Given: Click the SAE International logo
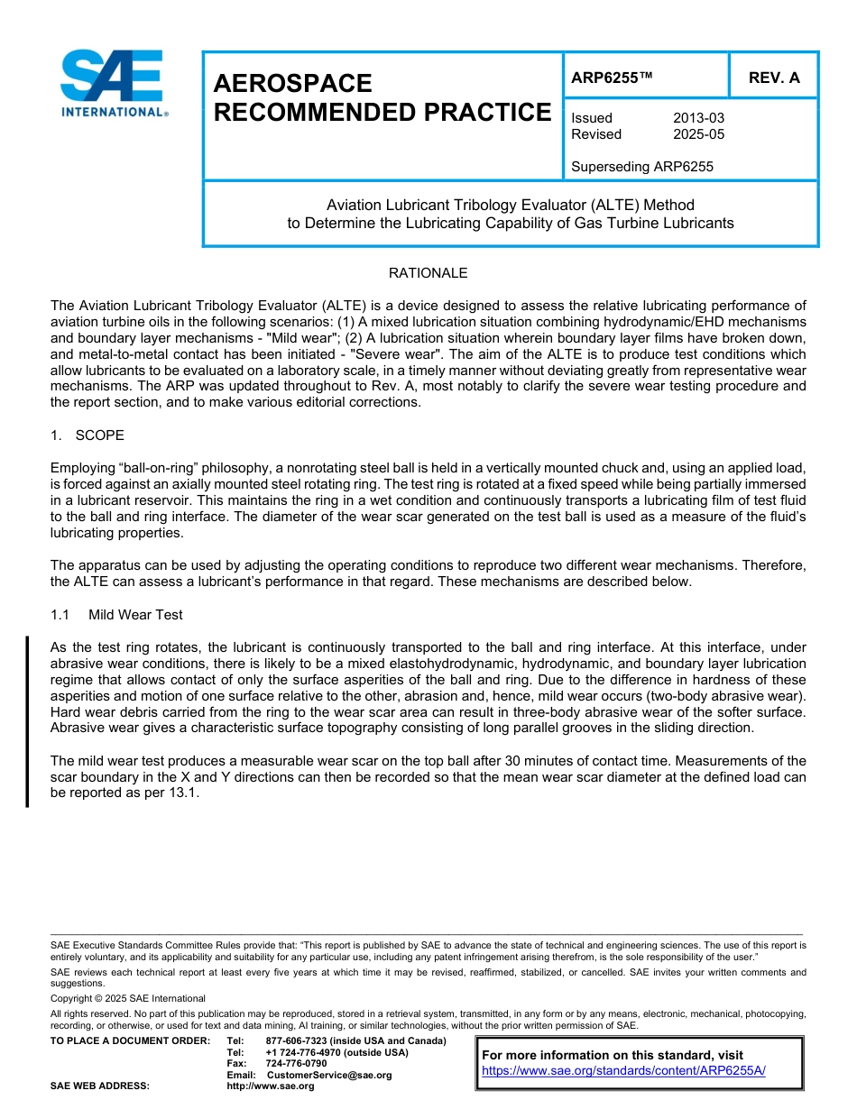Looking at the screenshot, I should click(x=113, y=84).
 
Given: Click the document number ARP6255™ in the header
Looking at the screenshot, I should click(x=612, y=78).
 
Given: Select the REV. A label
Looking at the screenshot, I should click(x=774, y=78).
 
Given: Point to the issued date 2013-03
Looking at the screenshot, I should click(x=698, y=118).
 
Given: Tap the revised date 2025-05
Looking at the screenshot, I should click(x=698, y=134).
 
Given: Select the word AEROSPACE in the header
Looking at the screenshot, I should click(x=293, y=84).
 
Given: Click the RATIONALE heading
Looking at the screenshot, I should click(x=428, y=272).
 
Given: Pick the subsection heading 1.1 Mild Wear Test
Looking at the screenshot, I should click(x=117, y=615).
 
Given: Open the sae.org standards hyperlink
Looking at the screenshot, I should click(x=623, y=1070).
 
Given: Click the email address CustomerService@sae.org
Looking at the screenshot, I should click(x=329, y=1075).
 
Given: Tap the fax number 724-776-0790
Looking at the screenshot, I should click(x=296, y=1063).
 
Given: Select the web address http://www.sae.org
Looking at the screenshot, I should click(x=271, y=1086).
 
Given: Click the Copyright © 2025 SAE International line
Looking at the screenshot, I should click(x=128, y=998).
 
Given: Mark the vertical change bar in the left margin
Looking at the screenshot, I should click(x=27, y=720).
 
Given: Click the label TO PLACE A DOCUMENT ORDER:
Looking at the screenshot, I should click(x=130, y=1040).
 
